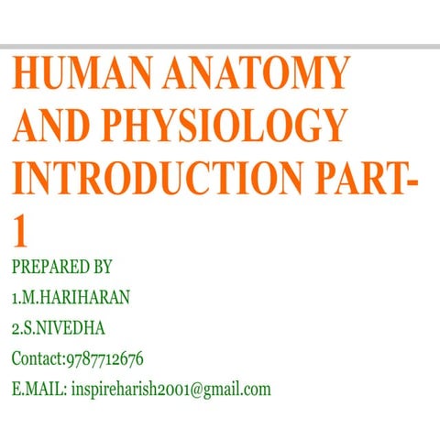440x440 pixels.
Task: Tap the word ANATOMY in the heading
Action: pos(257,74)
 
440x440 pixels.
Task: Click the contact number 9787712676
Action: pos(104,358)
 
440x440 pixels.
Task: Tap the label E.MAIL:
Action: pos(38,389)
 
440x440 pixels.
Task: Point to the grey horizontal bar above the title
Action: pos(220,45)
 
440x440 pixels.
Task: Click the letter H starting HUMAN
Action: pos(27,74)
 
